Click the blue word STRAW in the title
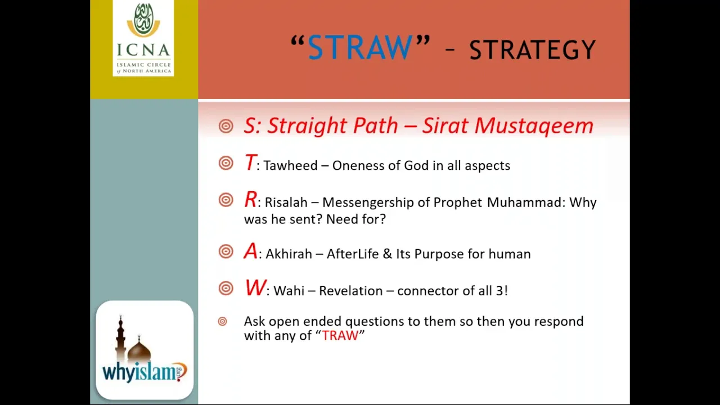coord(360,47)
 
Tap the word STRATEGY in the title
coord(533,50)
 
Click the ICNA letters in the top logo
coord(143,50)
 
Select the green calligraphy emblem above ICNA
coord(143,20)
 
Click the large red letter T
coord(250,163)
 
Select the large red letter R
coord(250,199)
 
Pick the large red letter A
coord(251,251)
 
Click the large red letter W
coord(255,287)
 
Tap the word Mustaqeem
coord(534,125)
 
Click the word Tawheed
coord(291,165)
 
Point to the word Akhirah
coord(289,254)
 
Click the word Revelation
coord(350,291)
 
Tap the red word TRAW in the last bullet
coord(340,336)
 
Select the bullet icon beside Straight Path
coord(226,126)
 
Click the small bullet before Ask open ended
coord(222,321)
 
